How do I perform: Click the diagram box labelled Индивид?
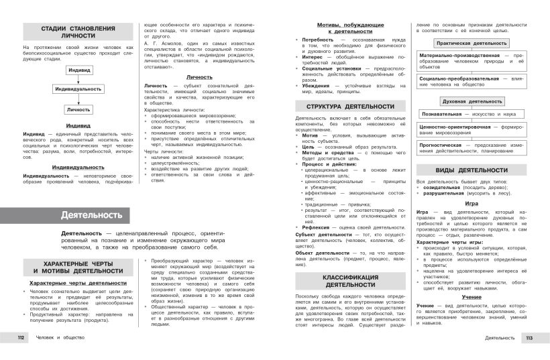tap(78, 70)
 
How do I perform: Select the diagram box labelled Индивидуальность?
tap(78, 88)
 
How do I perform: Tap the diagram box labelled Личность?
tap(78, 109)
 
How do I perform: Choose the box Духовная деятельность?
tap(472, 101)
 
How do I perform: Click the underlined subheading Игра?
tap(472, 202)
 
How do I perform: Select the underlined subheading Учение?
tap(472, 296)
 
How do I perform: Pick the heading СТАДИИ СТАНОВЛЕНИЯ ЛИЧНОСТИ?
tap(78, 32)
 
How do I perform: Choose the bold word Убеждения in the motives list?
tap(316, 85)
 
